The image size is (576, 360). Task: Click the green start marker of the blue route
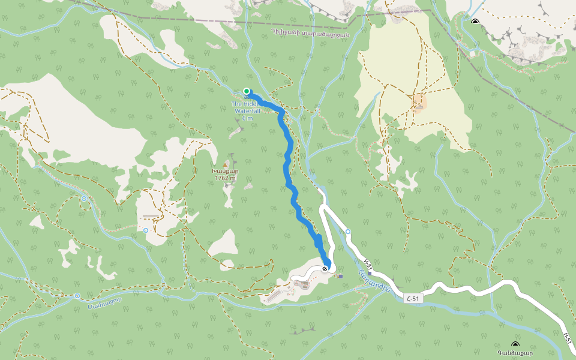247,91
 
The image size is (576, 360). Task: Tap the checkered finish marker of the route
325,269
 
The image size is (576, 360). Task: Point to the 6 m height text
247,118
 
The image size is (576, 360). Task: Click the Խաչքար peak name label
225,172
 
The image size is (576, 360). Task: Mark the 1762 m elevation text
225,178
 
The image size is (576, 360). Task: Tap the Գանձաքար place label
515,353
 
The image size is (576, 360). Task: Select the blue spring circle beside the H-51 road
348,232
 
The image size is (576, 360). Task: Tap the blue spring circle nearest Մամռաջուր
77,295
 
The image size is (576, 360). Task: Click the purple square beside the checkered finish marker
341,276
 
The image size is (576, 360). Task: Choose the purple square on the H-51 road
378,273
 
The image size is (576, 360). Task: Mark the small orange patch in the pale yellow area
418,103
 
